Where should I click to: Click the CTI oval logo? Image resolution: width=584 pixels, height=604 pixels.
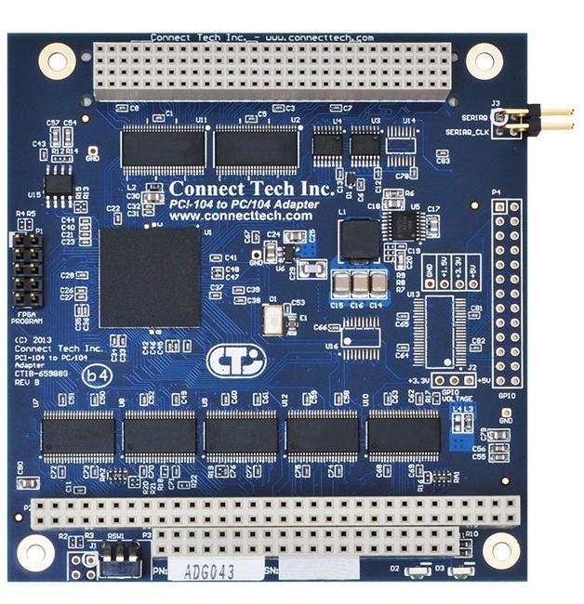point(235,360)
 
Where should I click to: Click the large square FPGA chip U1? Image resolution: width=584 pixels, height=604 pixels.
point(149,276)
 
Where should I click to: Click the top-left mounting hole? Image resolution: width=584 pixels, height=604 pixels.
point(57,61)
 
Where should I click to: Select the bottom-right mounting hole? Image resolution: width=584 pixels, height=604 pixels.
point(501,550)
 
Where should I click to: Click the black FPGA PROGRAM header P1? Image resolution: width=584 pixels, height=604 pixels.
point(28,269)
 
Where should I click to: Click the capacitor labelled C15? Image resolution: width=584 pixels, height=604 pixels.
point(340,284)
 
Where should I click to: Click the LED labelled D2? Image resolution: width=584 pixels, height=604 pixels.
point(418,569)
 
